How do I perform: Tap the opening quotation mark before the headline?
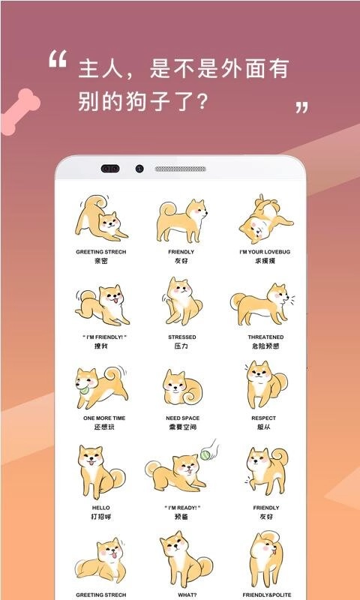(58, 60)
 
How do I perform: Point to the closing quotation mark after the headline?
(301, 107)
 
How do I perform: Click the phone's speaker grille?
(180, 169)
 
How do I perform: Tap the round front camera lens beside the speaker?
(139, 169)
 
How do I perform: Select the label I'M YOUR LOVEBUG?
(262, 252)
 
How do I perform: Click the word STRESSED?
(181, 337)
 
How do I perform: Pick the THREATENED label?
(265, 337)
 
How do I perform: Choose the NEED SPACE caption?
(181, 418)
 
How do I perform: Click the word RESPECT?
(264, 418)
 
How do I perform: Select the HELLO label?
(100, 508)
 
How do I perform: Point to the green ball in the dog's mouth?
(83, 388)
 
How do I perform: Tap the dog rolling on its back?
(262, 219)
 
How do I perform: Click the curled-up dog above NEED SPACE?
(180, 388)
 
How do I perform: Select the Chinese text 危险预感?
(265, 346)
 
